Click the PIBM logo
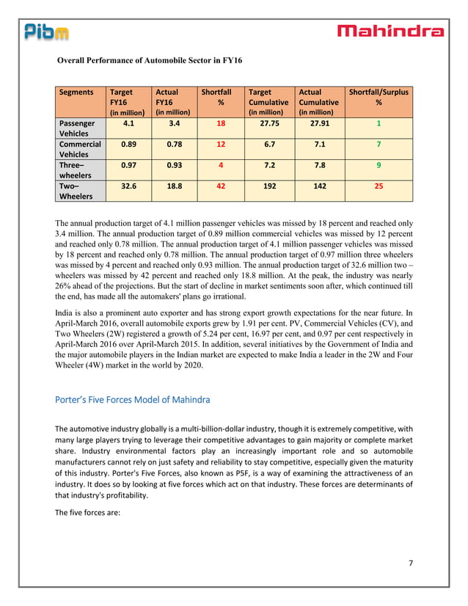click(x=46, y=32)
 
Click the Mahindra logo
click(x=390, y=31)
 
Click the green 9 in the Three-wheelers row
click(x=379, y=166)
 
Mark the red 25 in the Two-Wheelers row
click(x=379, y=186)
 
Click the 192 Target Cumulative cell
click(x=269, y=186)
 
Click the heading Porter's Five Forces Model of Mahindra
click(x=133, y=400)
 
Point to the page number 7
click(x=411, y=562)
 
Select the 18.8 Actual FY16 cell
click(x=172, y=186)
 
